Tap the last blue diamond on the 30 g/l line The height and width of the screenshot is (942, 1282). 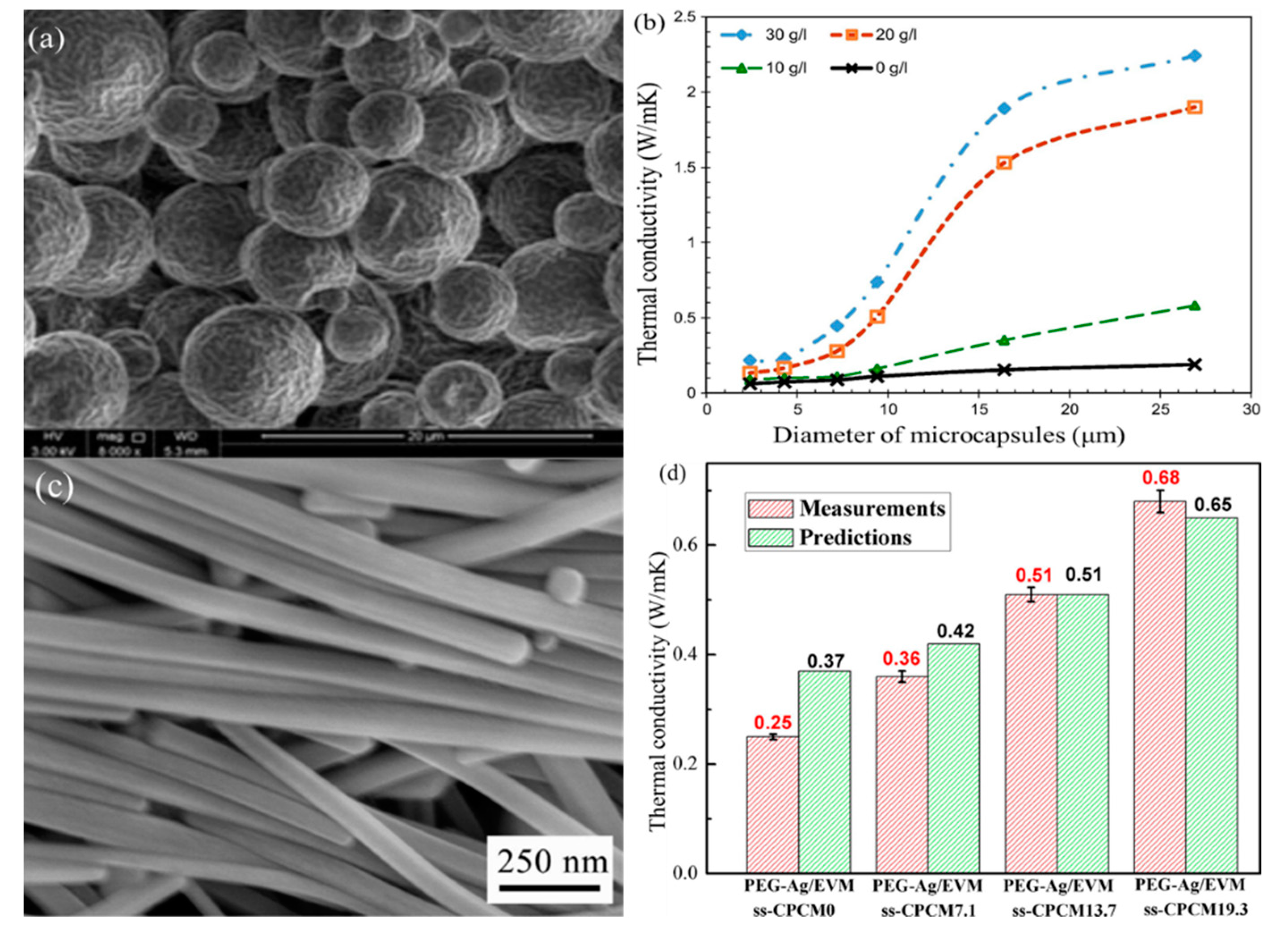pyautogui.click(x=1194, y=56)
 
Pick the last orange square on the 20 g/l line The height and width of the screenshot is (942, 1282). pyautogui.click(x=1194, y=107)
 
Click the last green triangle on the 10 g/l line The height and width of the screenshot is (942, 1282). pyautogui.click(x=1194, y=306)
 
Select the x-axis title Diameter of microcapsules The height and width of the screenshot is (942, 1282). pyautogui.click(x=948, y=436)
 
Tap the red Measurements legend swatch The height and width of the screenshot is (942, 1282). pyautogui.click(x=770, y=509)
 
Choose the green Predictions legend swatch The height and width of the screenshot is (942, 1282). pyautogui.click(x=770, y=538)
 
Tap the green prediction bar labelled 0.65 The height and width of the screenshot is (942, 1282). pyautogui.click(x=1212, y=696)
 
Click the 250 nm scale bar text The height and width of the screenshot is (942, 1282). pyautogui.click(x=552, y=862)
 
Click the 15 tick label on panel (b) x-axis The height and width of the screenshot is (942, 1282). pyautogui.click(x=978, y=409)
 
